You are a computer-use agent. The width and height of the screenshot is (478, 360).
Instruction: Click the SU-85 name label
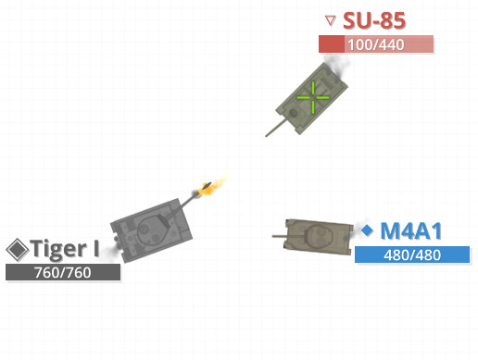(x=374, y=20)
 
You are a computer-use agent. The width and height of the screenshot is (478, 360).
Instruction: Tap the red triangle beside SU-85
(x=331, y=19)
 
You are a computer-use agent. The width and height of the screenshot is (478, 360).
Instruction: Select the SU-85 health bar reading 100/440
(x=375, y=44)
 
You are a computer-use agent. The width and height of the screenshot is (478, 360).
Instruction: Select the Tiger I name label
(x=65, y=249)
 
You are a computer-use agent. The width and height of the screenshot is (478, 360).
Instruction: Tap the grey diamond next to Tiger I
(x=17, y=249)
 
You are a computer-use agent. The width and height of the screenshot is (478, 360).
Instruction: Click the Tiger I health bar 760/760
(x=63, y=272)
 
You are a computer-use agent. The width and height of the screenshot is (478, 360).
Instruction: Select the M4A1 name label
(x=411, y=230)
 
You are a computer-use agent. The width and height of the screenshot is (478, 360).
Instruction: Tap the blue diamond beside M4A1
(x=367, y=230)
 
